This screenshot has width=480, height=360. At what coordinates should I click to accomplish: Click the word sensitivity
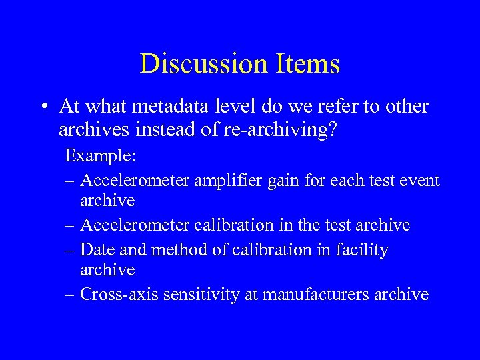(199, 294)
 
